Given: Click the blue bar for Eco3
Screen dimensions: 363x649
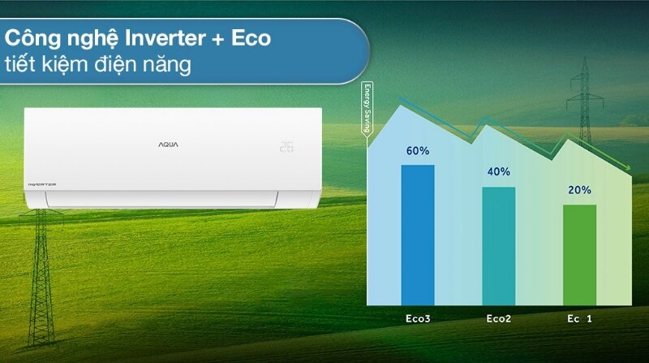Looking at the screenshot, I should pos(418,235).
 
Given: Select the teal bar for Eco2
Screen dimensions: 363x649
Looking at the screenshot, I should pos(499,245).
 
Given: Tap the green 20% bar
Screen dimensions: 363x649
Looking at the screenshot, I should pos(579,254).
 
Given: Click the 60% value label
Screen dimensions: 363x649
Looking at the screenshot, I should pos(418,151).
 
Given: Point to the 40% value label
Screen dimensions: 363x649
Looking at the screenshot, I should pos(499,171).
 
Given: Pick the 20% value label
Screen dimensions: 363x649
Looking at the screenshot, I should pos(579,190).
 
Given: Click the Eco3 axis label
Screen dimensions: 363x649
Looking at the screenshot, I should pos(418,319).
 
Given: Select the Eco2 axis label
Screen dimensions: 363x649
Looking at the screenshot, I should pos(499,319).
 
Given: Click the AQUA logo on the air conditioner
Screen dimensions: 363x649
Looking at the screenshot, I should pos(168,144).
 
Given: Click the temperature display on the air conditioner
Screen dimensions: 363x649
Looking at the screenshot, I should pos(286,147).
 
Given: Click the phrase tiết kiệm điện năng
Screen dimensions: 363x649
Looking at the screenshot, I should pos(98,65).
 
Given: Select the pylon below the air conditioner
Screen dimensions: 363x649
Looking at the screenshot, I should pos(41,268).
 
